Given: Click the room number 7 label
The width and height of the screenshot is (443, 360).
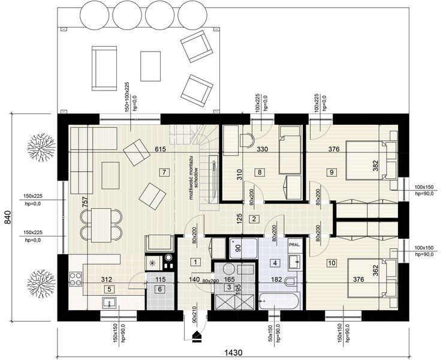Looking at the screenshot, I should click(163, 172).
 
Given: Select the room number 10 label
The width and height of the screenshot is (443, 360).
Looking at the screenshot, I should click(332, 262).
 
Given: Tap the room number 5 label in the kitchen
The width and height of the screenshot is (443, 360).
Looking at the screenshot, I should click(109, 289).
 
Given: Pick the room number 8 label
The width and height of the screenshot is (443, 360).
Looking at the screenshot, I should click(260, 172).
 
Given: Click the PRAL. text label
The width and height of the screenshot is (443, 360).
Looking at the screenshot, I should click(295, 245).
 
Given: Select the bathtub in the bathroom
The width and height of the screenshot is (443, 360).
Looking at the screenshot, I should click(279, 299).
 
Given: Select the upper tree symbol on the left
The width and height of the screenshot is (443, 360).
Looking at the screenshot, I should click(41, 146).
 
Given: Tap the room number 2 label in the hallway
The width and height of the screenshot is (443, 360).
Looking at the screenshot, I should click(254, 219).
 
